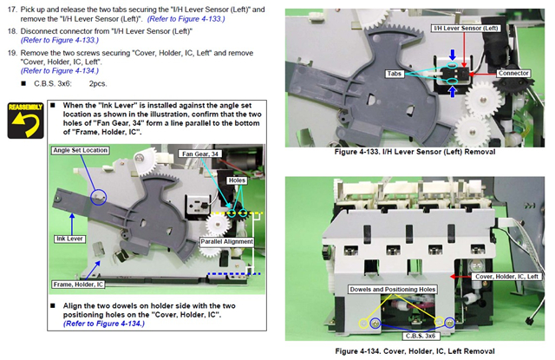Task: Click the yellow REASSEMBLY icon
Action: pos(25,121)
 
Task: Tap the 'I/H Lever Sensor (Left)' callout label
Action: pos(466,29)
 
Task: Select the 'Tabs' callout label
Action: pos(394,74)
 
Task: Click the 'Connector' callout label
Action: pos(513,73)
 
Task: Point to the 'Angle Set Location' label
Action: pos(81,150)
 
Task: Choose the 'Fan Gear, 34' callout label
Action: pos(200,154)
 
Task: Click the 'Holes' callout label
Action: pos(237,180)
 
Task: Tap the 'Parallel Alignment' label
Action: pos(227,242)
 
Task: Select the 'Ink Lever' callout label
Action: pos(69,239)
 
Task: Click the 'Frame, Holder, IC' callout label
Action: pos(78,285)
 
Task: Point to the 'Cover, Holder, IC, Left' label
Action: pos(506,277)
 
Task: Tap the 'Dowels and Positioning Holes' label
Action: pos(393,289)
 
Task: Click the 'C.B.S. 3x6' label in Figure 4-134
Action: pos(420,336)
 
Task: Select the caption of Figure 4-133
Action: pos(415,152)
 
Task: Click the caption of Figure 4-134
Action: pos(415,351)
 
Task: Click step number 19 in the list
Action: pos(12,53)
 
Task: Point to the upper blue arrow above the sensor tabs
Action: pos(453,55)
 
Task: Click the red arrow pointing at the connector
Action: pos(482,74)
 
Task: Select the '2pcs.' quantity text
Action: pos(98,83)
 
